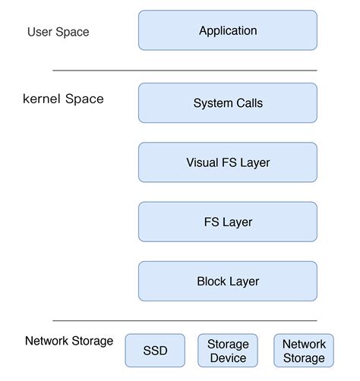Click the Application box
(227, 31)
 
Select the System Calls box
(227, 103)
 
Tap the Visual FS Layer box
(227, 162)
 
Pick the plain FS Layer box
(227, 222)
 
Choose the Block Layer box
(227, 282)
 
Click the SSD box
(155, 351)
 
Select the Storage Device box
(228, 351)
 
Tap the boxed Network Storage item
(303, 351)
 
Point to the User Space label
(58, 32)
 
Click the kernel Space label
(63, 99)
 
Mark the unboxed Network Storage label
(68, 341)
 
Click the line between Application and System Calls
(185, 71)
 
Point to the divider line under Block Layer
(185, 320)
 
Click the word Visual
(203, 162)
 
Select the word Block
(212, 282)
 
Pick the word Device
(228, 358)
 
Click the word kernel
(42, 99)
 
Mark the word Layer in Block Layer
(245, 282)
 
